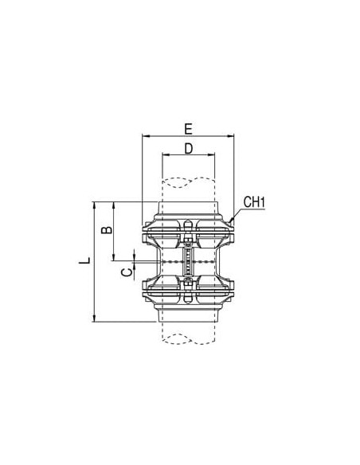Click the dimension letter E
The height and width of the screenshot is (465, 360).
(188, 129)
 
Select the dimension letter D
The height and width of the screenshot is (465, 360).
(189, 148)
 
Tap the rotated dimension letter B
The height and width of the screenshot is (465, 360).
(107, 230)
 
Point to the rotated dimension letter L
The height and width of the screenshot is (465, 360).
(84, 260)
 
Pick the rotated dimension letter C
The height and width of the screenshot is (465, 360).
(127, 272)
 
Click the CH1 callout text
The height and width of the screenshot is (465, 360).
(254, 202)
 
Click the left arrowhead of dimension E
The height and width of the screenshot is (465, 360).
(146, 136)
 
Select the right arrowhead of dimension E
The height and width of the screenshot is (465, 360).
(231, 136)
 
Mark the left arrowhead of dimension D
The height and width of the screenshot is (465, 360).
(166, 154)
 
